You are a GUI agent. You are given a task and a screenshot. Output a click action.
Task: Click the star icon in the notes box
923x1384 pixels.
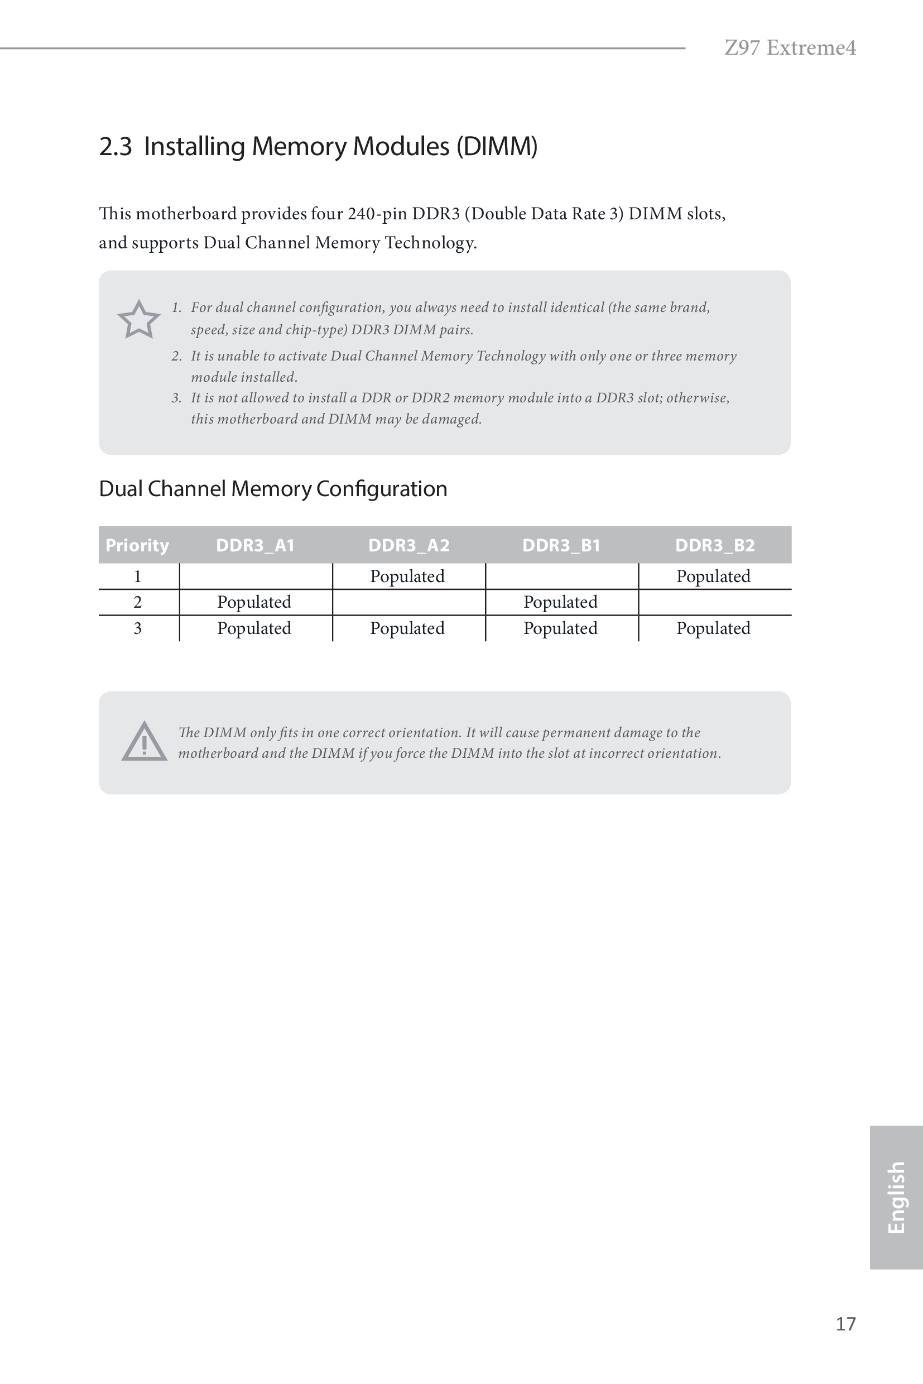[x=139, y=320]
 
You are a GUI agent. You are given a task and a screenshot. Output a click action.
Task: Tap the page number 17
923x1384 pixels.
[x=845, y=1323]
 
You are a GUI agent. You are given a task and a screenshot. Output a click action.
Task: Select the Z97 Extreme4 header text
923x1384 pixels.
[x=790, y=47]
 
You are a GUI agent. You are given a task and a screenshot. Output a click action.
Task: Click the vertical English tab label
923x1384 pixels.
[x=895, y=1197]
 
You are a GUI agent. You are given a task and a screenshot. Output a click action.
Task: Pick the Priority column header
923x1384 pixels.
[x=137, y=545]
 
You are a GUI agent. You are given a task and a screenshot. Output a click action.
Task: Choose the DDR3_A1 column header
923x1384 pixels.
[x=255, y=545]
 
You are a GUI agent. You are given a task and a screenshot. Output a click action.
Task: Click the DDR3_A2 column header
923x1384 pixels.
[x=408, y=545]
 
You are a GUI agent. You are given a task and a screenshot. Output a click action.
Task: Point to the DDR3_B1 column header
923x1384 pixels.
[x=561, y=545]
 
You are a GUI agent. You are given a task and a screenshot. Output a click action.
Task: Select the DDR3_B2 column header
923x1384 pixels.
[x=715, y=545]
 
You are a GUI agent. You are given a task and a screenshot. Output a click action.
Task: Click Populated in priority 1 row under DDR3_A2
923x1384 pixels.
[x=407, y=576]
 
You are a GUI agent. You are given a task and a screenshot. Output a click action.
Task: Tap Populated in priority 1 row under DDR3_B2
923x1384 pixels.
[x=713, y=576]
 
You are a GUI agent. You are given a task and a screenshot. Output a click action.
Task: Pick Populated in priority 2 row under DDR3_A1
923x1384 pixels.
[x=254, y=602]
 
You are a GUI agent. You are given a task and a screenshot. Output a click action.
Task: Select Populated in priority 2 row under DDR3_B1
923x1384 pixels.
[x=560, y=602]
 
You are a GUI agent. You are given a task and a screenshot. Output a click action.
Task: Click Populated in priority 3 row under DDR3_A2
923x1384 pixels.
[x=407, y=628]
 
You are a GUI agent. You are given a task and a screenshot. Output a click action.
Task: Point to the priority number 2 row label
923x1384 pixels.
[x=138, y=602]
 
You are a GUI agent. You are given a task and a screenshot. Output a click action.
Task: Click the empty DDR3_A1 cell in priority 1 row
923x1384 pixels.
[x=256, y=576]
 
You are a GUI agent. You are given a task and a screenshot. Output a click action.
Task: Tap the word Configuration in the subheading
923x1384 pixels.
[x=382, y=489]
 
